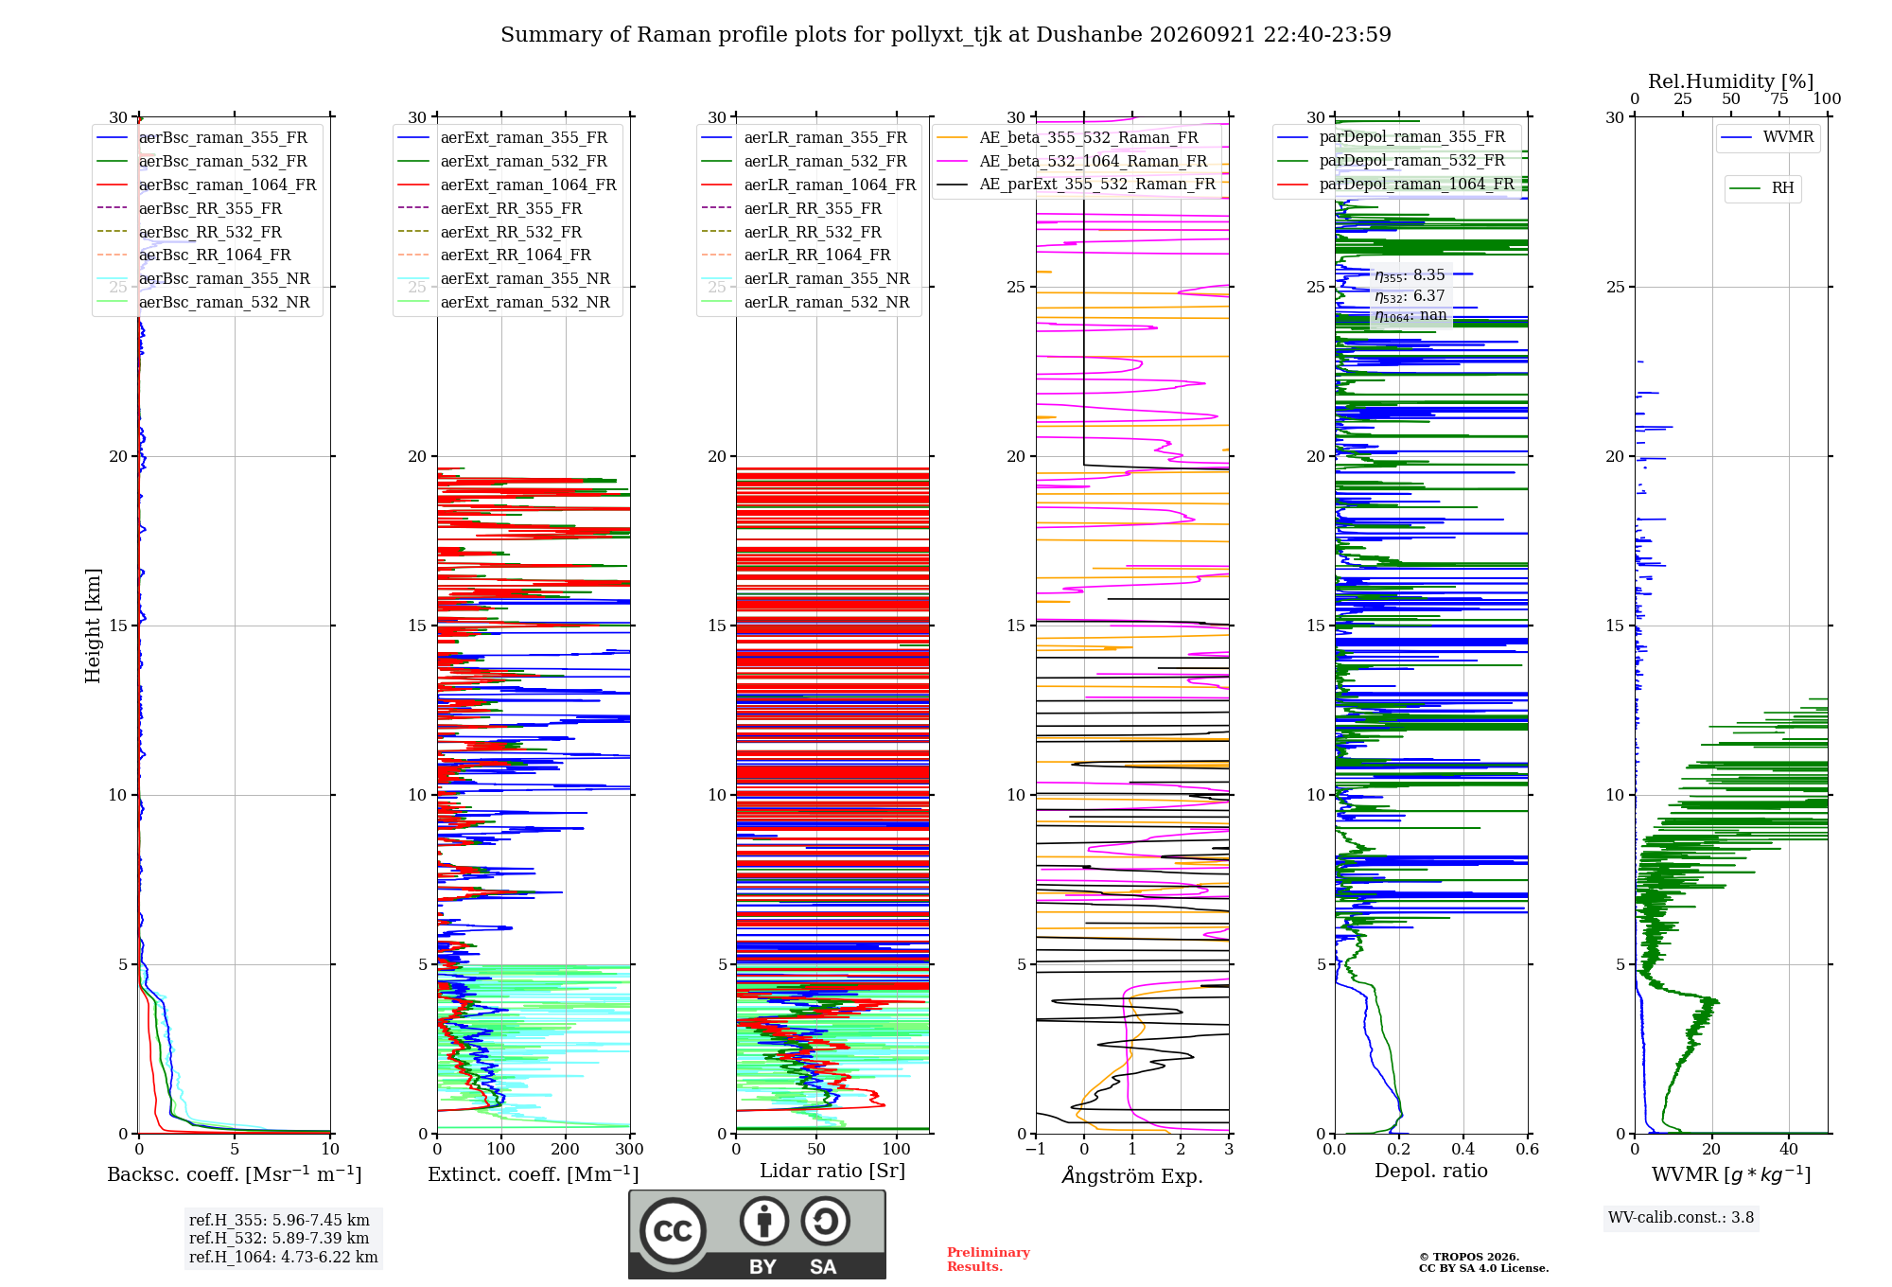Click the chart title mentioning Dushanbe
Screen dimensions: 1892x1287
[x=946, y=35]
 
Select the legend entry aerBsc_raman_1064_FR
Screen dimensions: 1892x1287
[x=206, y=185]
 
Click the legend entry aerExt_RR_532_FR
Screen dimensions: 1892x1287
[x=490, y=232]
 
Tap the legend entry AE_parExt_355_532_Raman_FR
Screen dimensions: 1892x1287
[x=1076, y=184]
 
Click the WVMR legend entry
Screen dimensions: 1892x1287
[x=1767, y=137]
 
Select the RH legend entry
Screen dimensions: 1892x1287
[x=1761, y=188]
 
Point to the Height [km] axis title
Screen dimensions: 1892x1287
[x=93, y=626]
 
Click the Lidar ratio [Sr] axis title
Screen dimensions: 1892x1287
[x=832, y=1171]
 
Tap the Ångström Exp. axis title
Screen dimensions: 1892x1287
[x=1132, y=1175]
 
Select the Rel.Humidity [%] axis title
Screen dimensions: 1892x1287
[x=1731, y=81]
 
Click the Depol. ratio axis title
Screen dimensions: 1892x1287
[x=1431, y=1171]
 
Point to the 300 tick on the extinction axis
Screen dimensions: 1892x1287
[x=630, y=1149]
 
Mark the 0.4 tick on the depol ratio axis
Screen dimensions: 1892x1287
[x=1463, y=1149]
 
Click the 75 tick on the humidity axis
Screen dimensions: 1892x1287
[x=1779, y=98]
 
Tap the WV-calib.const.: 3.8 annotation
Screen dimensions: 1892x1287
[x=1681, y=1218]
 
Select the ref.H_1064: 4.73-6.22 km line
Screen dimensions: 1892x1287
[x=283, y=1257]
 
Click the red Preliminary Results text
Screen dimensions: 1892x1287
[x=989, y=1260]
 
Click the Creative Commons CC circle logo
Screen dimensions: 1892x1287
[x=674, y=1231]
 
